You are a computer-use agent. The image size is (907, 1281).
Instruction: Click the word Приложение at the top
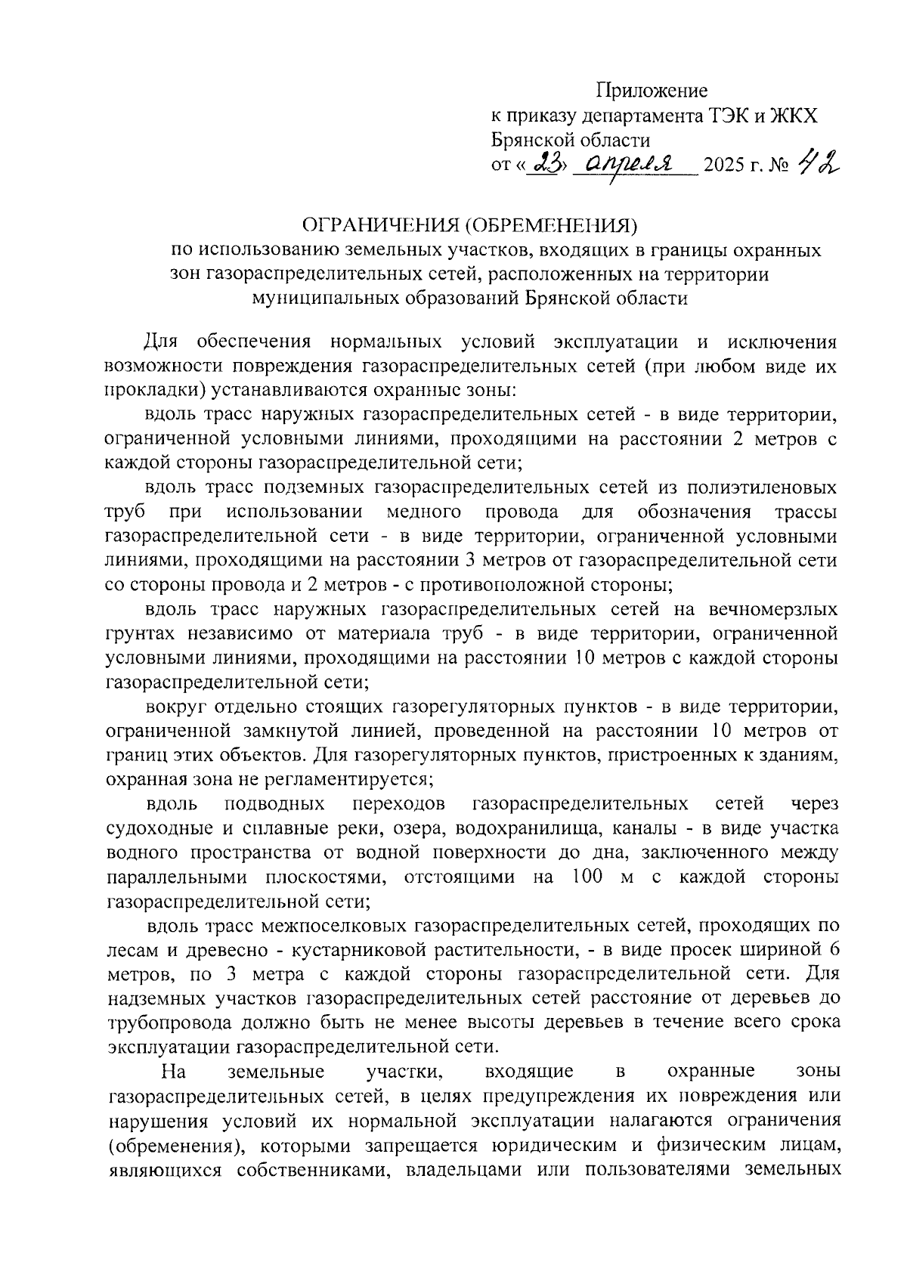pos(652,91)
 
